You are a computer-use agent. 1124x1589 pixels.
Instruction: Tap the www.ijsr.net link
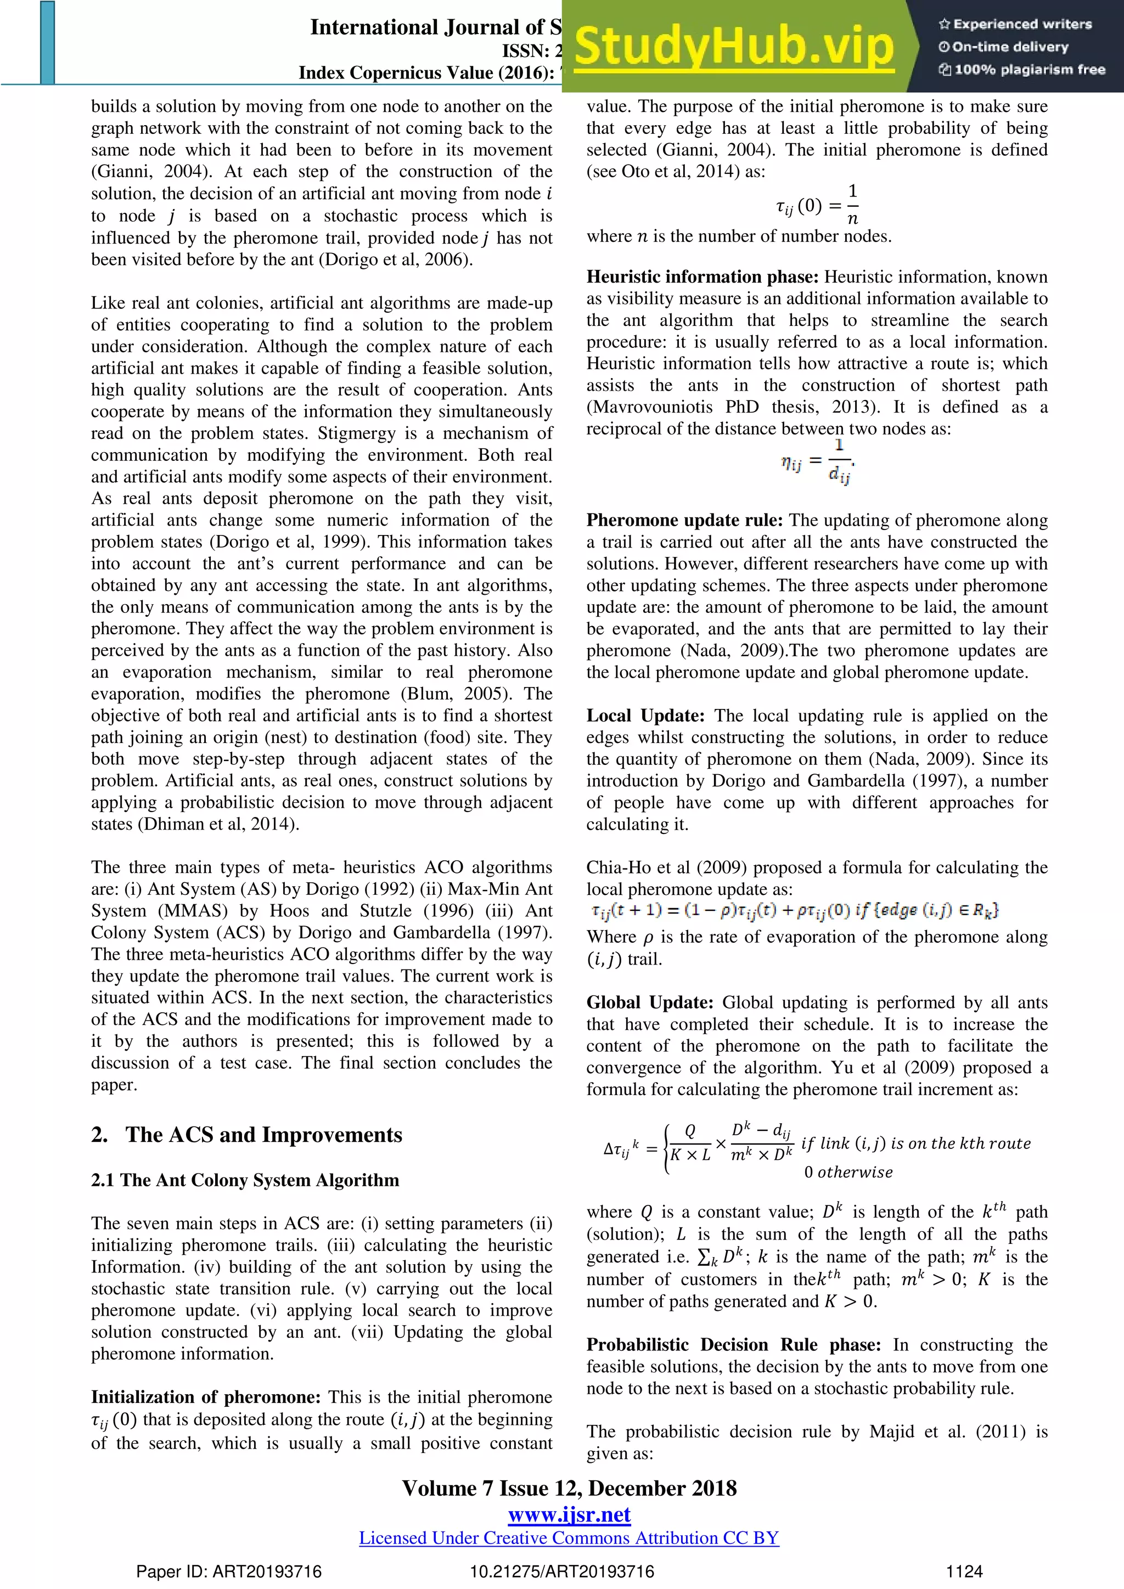569,1514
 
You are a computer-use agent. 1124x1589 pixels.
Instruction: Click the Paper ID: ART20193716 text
228,1571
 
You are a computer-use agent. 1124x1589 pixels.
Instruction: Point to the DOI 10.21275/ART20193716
561,1571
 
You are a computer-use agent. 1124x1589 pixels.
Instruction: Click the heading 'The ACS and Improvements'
263,1135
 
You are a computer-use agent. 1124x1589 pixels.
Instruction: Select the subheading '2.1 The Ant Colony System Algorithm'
245,1180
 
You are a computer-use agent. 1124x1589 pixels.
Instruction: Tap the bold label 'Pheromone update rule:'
684,521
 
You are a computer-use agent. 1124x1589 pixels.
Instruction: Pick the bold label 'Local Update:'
645,715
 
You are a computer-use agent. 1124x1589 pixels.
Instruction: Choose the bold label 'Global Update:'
649,1003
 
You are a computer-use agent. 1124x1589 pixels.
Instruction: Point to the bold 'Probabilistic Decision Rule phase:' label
733,1345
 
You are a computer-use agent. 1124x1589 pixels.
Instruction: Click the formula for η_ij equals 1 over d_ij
817,461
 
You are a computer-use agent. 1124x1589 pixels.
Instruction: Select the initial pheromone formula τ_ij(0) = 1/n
817,205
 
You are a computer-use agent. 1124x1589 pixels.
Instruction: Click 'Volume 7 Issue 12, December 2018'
569,1488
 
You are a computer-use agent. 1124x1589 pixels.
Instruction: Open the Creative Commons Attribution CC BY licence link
569,1538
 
